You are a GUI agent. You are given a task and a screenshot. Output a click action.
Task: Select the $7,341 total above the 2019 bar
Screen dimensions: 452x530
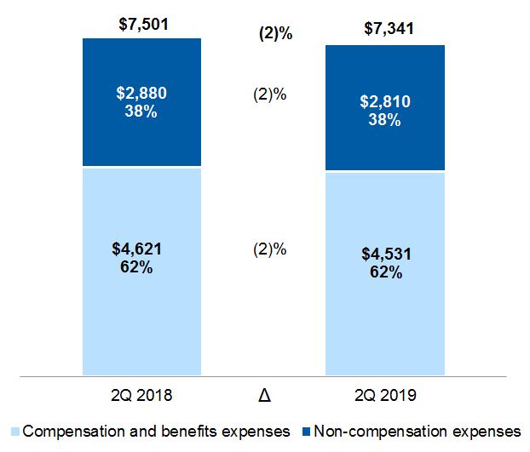pyautogui.click(x=387, y=31)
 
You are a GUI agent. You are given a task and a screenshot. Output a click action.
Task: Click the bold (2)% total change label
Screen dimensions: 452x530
pyautogui.click(x=276, y=34)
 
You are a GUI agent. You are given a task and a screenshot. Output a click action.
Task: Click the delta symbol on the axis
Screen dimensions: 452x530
pyautogui.click(x=266, y=397)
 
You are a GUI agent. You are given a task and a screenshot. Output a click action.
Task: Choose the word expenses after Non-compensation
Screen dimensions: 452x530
pyautogui.click(x=488, y=431)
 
